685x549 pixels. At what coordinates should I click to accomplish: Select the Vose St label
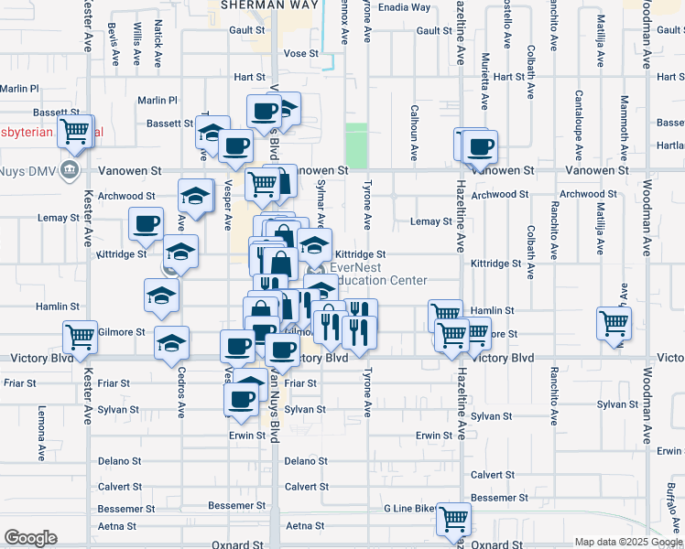pos(299,54)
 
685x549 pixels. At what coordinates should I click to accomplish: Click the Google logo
pos(31,538)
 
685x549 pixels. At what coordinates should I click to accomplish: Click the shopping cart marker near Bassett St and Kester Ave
pos(75,131)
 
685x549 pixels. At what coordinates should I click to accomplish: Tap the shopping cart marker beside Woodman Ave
pos(614,323)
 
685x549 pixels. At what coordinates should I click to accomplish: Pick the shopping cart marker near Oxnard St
pos(453,519)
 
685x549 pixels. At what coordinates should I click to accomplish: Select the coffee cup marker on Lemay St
pos(146,223)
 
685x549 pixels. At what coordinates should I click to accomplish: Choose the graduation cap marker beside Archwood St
pos(195,196)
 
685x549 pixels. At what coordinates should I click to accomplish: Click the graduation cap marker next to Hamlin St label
pos(161,296)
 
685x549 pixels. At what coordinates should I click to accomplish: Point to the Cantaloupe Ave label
pos(578,118)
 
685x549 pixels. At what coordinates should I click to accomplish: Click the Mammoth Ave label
pos(624,119)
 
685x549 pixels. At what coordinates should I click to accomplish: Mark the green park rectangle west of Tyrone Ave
pos(356,145)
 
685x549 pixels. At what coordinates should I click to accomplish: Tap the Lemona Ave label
pos(41,432)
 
